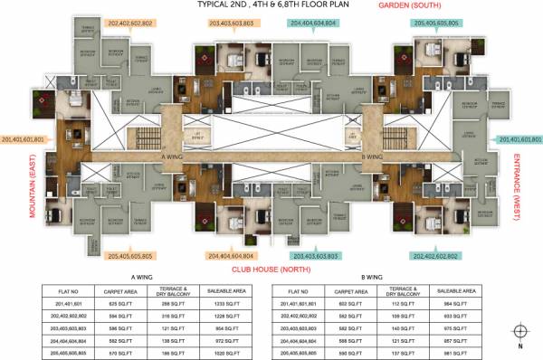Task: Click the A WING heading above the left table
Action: (140, 279)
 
